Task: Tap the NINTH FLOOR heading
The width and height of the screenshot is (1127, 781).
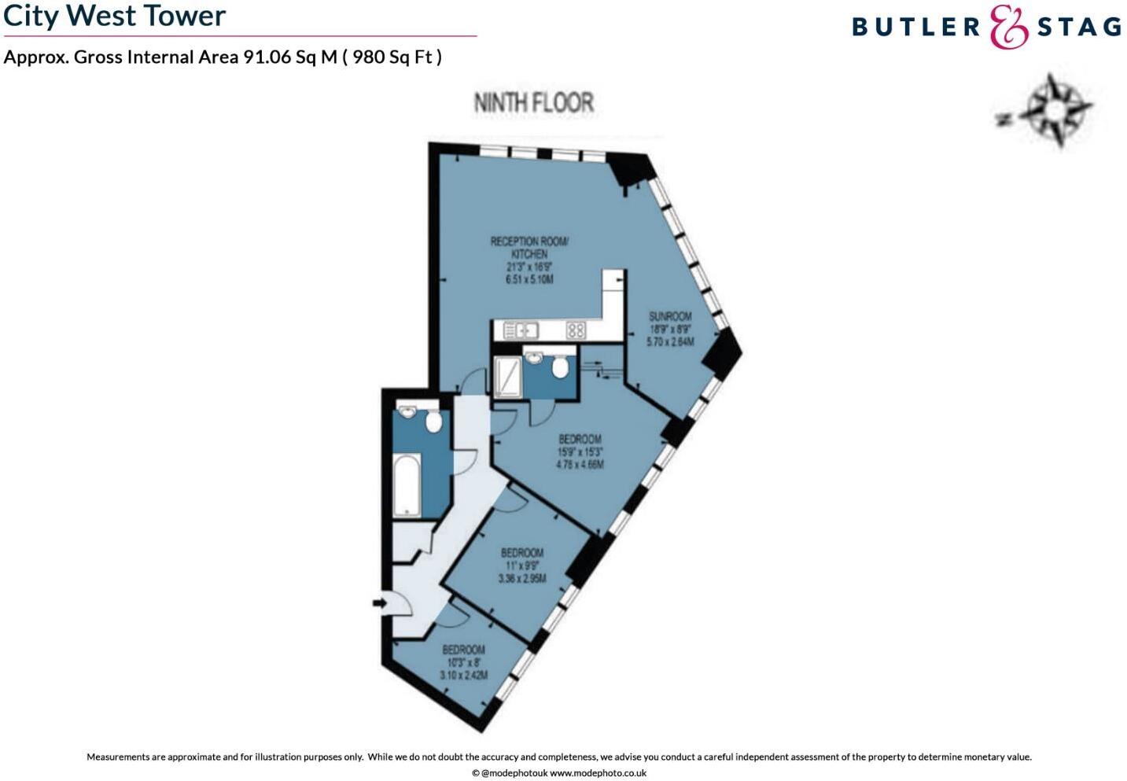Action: (x=533, y=102)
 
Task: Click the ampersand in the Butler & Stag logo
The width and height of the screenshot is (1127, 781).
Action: (x=1008, y=27)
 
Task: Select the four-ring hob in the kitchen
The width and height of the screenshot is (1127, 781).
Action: (x=576, y=330)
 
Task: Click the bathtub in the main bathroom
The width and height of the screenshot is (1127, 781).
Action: (x=407, y=484)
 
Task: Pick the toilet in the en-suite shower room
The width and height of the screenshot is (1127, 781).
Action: (x=560, y=367)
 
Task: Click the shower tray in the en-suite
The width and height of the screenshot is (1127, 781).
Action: (x=507, y=376)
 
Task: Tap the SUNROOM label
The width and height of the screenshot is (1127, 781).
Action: (x=670, y=316)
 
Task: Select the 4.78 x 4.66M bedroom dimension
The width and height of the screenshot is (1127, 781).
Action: (x=580, y=465)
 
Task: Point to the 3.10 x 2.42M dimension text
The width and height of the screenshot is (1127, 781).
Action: (x=464, y=676)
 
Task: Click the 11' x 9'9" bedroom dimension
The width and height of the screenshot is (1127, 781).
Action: (x=522, y=565)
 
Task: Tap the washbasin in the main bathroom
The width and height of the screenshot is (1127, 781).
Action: (x=407, y=412)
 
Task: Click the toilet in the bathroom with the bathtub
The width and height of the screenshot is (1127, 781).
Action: (x=433, y=422)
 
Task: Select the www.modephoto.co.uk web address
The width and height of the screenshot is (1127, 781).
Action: (x=598, y=773)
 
